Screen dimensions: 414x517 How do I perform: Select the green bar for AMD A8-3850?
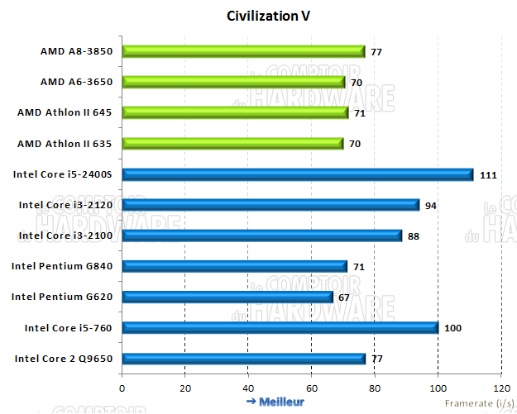[x=243, y=51]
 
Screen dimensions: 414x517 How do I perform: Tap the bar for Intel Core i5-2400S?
[x=297, y=174]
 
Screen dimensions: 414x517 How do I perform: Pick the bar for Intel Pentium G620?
[x=227, y=297]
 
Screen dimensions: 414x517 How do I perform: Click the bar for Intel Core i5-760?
[x=280, y=328]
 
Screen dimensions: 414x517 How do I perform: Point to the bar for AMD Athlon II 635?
[x=232, y=144]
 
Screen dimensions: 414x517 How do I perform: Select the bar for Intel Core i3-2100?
[x=261, y=236]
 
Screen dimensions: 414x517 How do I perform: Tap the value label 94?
[x=431, y=205]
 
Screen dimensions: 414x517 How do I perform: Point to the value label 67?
[x=346, y=297]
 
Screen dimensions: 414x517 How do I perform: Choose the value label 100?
[x=453, y=328]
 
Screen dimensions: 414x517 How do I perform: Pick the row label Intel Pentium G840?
[x=67, y=266]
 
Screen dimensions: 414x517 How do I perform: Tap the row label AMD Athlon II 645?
[x=70, y=112]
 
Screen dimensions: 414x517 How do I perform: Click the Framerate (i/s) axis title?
[x=479, y=402]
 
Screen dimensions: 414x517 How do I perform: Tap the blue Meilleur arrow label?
[x=275, y=402]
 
